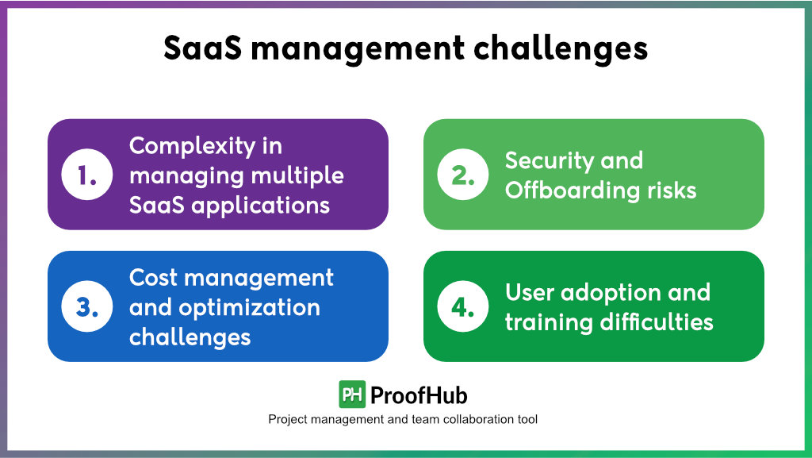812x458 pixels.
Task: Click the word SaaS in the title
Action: (x=202, y=48)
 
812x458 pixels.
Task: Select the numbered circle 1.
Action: (x=87, y=175)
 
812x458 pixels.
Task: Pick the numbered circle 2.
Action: (x=463, y=175)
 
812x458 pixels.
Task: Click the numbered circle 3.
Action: (x=87, y=306)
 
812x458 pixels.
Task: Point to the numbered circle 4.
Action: (x=463, y=306)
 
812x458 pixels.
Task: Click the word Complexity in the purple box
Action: (x=192, y=147)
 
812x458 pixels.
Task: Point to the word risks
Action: (x=672, y=191)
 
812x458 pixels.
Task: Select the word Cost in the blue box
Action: (x=153, y=278)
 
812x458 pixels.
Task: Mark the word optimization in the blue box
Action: (x=249, y=309)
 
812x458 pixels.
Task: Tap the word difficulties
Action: (x=657, y=322)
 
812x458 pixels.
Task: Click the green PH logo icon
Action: (x=352, y=394)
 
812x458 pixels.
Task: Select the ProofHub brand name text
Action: (x=419, y=396)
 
